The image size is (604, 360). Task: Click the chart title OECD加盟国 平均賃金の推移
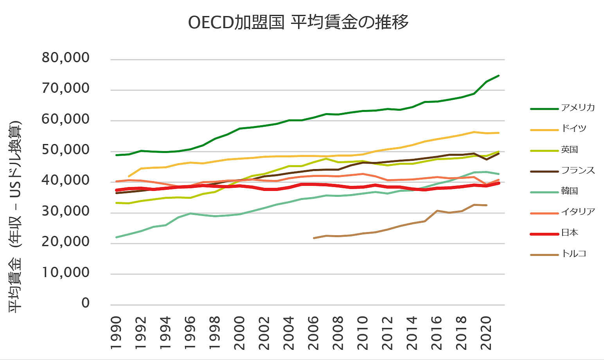298,22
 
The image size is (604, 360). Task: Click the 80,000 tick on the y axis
66,58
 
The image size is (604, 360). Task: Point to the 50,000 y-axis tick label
66,150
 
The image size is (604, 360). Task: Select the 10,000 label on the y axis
66,272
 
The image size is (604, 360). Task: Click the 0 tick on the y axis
85,303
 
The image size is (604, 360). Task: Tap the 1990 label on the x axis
116,333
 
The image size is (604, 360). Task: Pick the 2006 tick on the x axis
313,333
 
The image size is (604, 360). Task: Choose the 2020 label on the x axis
486,333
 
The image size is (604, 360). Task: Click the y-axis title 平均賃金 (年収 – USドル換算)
16,217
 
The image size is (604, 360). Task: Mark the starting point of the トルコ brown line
314,238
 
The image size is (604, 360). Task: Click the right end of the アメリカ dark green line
499,76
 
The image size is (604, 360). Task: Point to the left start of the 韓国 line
117,237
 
